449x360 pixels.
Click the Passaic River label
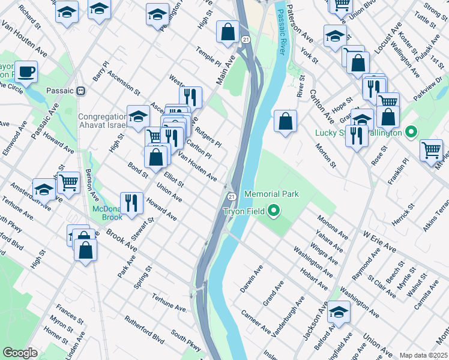281,31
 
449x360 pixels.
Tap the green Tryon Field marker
274,211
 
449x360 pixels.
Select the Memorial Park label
271,194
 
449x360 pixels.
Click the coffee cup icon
26,72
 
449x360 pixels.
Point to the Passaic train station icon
80,91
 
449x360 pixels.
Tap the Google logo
20,353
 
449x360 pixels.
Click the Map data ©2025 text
423,355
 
